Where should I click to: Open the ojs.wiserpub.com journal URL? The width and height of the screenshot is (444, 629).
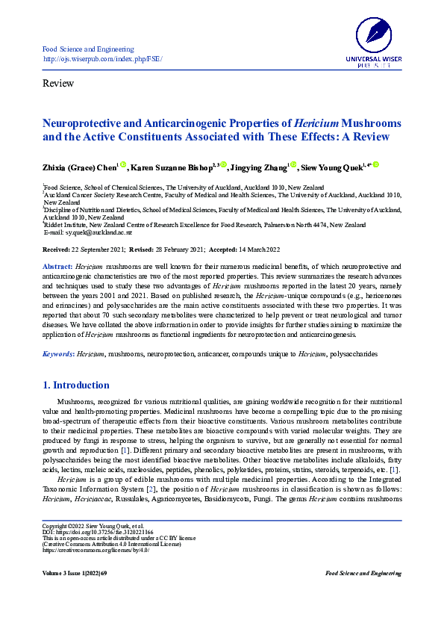click(x=103, y=59)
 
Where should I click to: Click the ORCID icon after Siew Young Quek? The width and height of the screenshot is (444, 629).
click(x=376, y=164)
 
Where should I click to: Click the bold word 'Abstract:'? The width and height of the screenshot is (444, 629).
click(x=57, y=267)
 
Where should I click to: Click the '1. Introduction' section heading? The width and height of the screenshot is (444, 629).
click(x=76, y=385)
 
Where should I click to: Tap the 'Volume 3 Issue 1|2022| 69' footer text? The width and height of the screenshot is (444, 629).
click(x=75, y=573)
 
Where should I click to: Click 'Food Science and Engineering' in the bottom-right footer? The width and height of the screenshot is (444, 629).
click(x=363, y=573)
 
